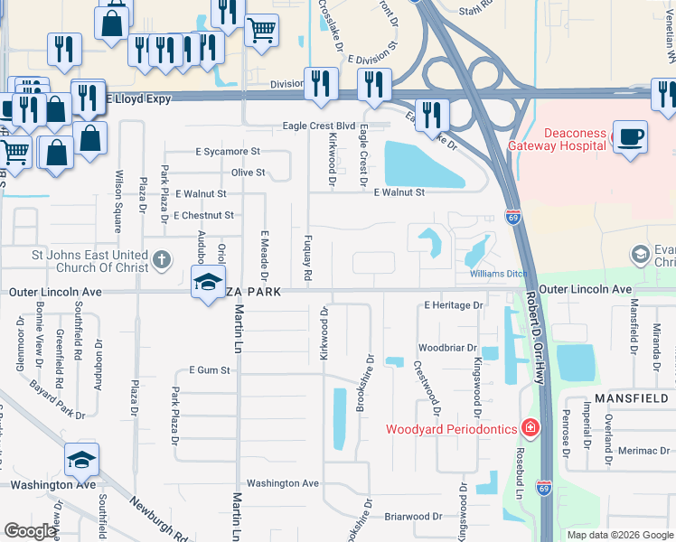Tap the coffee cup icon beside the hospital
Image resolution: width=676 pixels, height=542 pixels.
click(630, 138)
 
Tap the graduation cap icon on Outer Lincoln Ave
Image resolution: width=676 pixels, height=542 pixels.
click(208, 285)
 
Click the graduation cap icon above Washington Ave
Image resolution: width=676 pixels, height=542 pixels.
click(81, 461)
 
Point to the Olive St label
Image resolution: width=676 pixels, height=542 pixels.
click(248, 173)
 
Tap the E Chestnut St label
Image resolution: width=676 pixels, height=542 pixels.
click(203, 215)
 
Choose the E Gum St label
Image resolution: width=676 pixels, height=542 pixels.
click(204, 370)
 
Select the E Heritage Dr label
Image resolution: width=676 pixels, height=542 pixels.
click(454, 305)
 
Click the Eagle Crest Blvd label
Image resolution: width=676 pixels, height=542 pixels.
click(318, 126)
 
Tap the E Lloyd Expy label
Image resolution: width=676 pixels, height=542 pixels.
click(138, 98)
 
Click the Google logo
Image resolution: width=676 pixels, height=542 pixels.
click(30, 531)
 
